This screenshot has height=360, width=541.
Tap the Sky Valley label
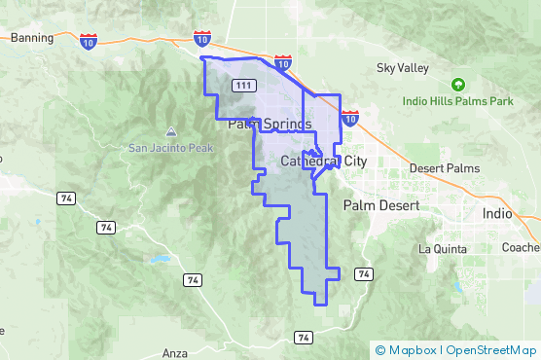(x=402, y=68)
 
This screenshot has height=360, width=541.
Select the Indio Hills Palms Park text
(x=459, y=101)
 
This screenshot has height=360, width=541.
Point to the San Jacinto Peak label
(x=171, y=148)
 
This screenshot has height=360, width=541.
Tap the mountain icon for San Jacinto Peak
(x=171, y=131)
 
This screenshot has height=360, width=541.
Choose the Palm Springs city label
(x=270, y=125)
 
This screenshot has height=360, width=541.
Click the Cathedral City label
(x=323, y=161)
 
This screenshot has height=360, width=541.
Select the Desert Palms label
(x=445, y=168)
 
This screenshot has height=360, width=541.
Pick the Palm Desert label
(x=380, y=206)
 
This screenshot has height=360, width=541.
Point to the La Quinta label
(x=444, y=248)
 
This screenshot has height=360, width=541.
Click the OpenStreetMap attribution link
(x=489, y=350)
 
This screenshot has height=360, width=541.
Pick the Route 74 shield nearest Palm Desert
(x=363, y=274)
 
